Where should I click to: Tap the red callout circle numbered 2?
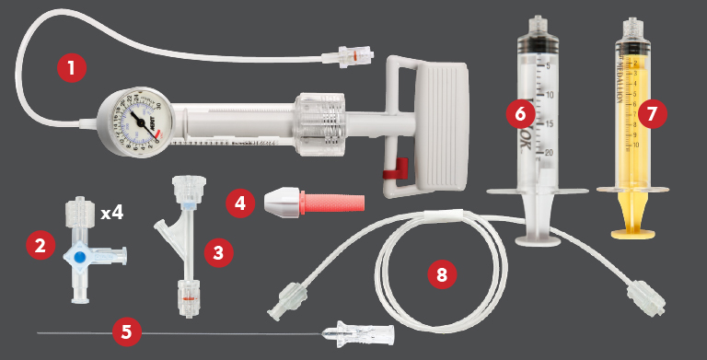(40, 245)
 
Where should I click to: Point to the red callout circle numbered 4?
(241, 202)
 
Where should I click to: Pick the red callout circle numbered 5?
(123, 331)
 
